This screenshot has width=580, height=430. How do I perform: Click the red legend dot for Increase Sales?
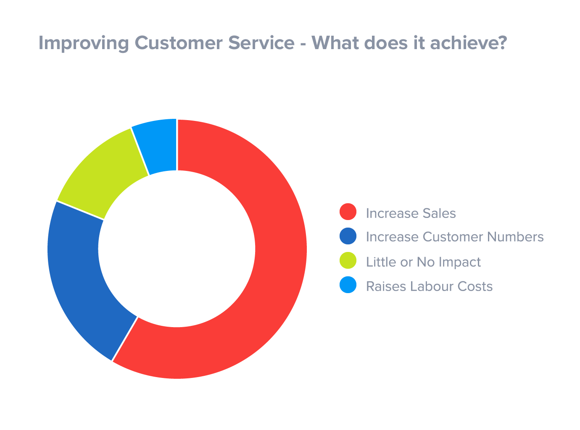(348, 212)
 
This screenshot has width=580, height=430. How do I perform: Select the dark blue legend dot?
(348, 236)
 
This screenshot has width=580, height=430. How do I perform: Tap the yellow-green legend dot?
(348, 261)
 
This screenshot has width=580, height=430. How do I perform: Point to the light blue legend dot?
(348, 285)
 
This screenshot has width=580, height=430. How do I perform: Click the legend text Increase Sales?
(411, 213)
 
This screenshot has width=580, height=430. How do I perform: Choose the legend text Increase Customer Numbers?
(455, 237)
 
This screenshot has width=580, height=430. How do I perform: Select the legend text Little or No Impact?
(423, 262)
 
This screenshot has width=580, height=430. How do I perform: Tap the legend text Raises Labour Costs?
(429, 286)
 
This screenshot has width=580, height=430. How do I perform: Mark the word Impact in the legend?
(459, 262)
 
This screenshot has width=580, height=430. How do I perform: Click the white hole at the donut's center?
(177, 249)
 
